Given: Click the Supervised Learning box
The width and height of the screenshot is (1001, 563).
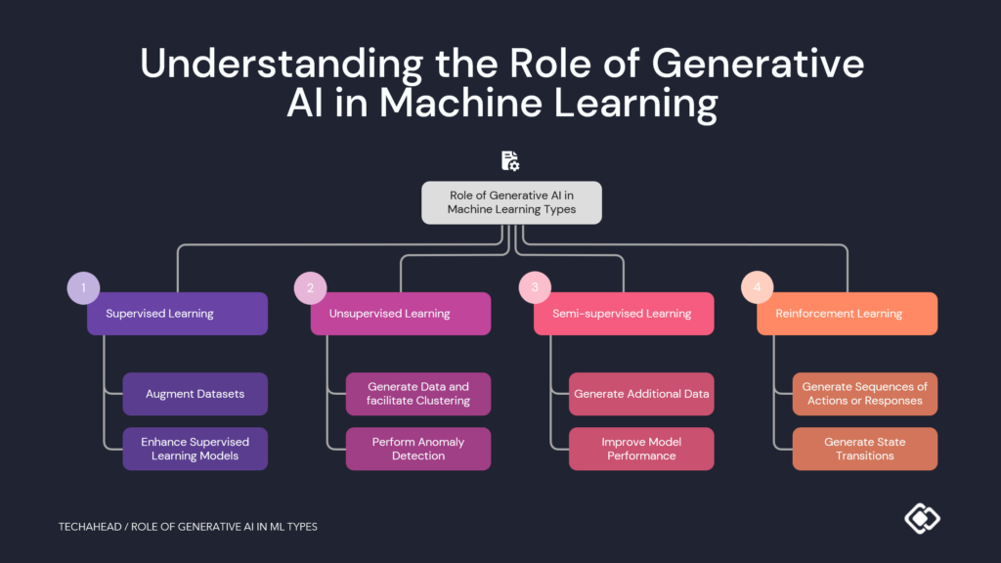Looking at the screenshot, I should (177, 314).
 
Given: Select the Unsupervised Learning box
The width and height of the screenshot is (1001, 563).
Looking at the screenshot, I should (401, 314).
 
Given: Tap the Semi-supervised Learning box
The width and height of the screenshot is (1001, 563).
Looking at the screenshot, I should (624, 314).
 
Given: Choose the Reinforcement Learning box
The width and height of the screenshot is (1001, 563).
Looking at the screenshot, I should (847, 314).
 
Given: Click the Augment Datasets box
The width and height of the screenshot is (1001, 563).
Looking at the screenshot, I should (195, 394).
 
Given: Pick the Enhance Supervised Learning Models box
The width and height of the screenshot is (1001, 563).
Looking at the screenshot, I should (195, 449).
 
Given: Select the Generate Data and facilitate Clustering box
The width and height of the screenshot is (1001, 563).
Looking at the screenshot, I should (418, 394).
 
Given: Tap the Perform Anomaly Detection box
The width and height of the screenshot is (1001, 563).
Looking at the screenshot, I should (418, 449).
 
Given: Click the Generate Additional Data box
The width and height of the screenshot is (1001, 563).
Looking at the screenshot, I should (641, 394).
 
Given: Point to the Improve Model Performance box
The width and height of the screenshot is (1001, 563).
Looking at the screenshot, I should (641, 449).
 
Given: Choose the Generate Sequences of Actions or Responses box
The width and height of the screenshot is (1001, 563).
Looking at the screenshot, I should (864, 394).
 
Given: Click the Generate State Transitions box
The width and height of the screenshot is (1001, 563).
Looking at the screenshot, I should (864, 449).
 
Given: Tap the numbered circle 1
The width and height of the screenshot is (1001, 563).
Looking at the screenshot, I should (83, 287).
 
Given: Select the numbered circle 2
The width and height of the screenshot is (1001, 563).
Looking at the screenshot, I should (310, 287).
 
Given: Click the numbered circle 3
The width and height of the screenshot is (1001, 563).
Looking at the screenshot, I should (534, 287).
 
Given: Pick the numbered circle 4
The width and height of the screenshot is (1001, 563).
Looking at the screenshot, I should (757, 287).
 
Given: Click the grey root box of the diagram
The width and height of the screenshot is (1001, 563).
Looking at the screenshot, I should (511, 202).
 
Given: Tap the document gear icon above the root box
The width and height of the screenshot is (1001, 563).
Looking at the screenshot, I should (510, 161).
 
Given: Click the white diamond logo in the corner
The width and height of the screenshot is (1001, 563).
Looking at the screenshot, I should (921, 517).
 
